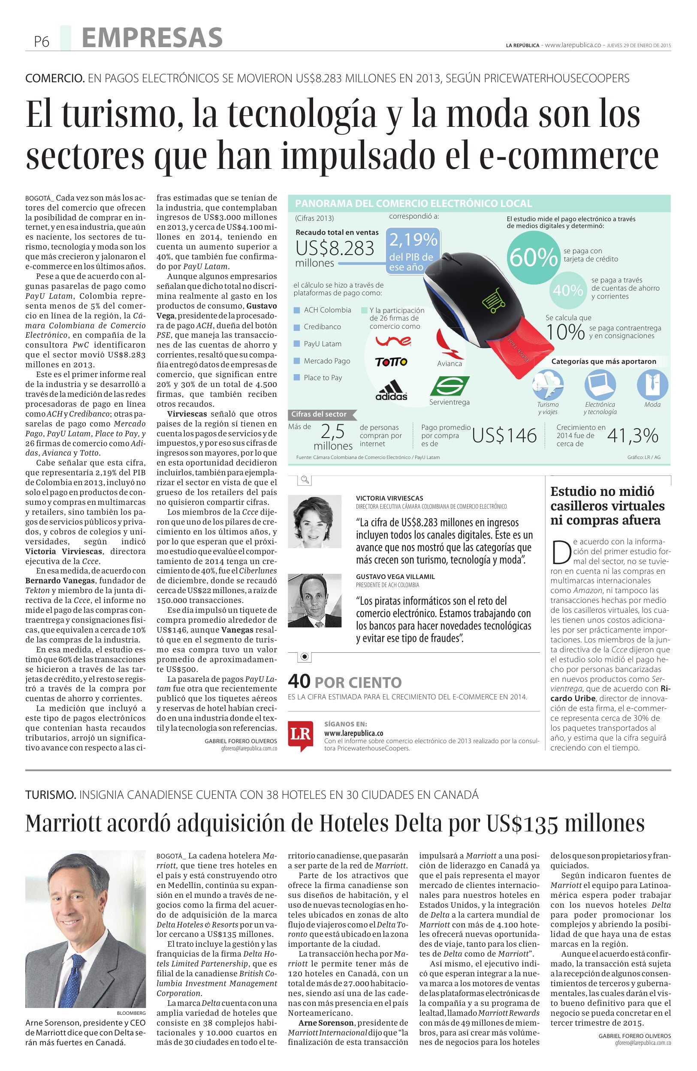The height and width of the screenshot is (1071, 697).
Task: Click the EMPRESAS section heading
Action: coord(152,37)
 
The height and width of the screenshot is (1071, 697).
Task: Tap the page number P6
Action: coord(42,42)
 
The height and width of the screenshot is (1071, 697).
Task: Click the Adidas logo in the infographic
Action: coord(391,389)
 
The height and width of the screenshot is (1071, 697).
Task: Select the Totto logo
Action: coord(391,362)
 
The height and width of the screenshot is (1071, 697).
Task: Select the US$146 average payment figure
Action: coord(504,435)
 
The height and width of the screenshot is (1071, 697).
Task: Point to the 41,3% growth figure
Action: coord(633,435)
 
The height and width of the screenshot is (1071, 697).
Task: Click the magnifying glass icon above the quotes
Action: coord(305,480)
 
